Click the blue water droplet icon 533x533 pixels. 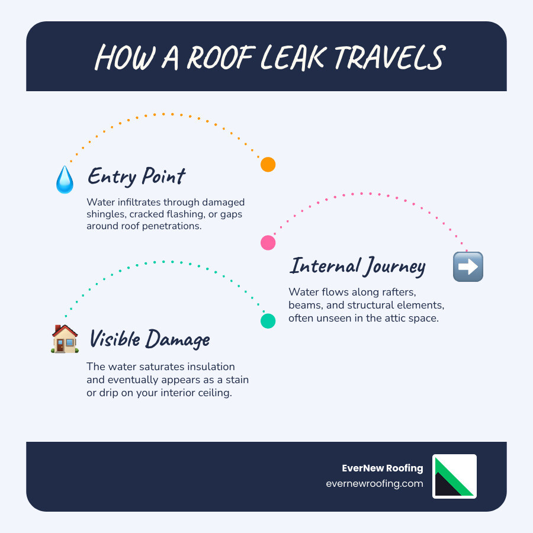[64, 179]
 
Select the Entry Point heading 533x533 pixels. [137, 176]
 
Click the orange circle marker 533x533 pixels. [268, 165]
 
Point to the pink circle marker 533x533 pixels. [268, 242]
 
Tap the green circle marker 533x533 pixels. [268, 320]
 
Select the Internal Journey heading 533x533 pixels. [357, 266]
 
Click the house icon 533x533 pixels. [65, 339]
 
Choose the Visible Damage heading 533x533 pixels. [149, 339]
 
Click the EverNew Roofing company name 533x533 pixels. [383, 468]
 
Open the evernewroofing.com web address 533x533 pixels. [374, 483]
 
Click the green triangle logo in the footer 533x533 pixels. [454, 477]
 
